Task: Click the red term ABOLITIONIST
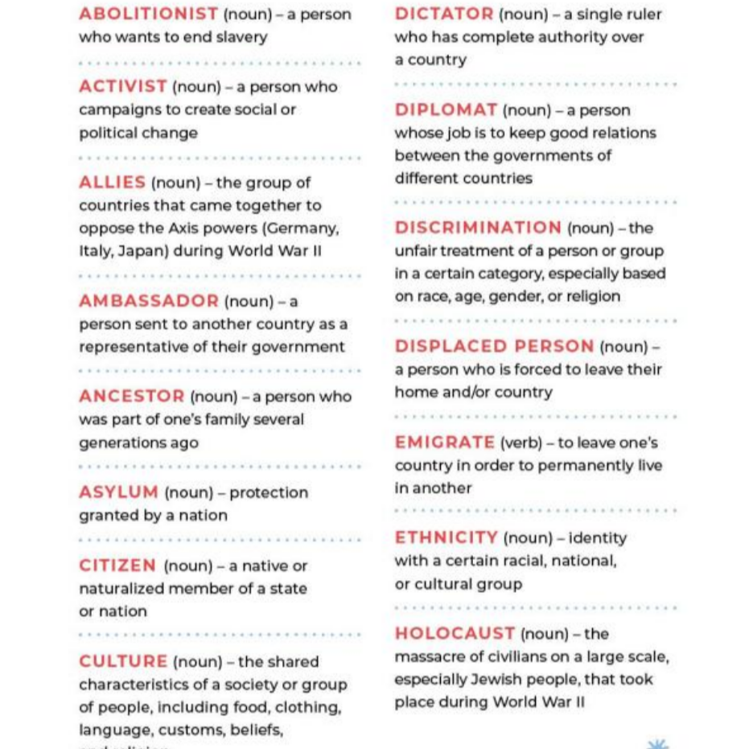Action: pyautogui.click(x=148, y=14)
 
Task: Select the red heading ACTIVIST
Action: pyautogui.click(x=122, y=86)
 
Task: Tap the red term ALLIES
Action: pyautogui.click(x=112, y=183)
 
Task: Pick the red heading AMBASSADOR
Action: pyautogui.click(x=148, y=301)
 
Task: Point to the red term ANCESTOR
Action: pyautogui.click(x=131, y=396)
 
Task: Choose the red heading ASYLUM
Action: pyautogui.click(x=118, y=492)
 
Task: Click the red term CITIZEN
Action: pyautogui.click(x=117, y=566)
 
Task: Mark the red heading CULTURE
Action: pyautogui.click(x=123, y=661)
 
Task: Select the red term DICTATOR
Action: pyautogui.click(x=444, y=14)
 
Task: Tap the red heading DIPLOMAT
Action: pyautogui.click(x=446, y=109)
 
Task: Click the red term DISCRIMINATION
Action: pyautogui.click(x=478, y=228)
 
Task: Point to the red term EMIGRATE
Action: pyautogui.click(x=444, y=442)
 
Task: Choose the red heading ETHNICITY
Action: pyautogui.click(x=446, y=537)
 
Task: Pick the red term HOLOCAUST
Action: pyautogui.click(x=455, y=633)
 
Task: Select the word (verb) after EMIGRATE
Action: pyautogui.click(x=520, y=442)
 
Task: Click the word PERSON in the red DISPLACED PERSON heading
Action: pyautogui.click(x=554, y=346)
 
